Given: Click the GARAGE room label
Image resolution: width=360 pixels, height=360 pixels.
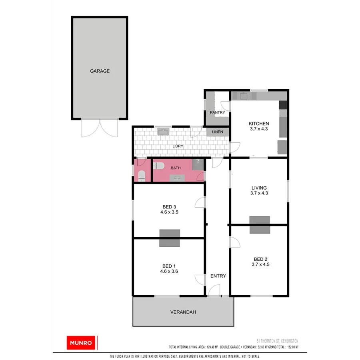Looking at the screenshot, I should (100, 71).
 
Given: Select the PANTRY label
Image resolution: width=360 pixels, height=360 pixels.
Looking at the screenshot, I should (218, 113).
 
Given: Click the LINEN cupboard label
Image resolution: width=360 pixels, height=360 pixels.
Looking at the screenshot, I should (218, 132).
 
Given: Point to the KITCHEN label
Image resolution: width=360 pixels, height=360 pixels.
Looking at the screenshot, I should (259, 124).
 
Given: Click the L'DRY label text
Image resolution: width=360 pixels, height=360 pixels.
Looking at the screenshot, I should (178, 146).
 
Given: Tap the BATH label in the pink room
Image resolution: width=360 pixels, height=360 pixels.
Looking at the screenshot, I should (176, 168).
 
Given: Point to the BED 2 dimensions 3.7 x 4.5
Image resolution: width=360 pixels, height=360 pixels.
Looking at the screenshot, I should (259, 264).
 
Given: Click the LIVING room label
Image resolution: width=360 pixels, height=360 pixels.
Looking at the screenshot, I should (259, 188).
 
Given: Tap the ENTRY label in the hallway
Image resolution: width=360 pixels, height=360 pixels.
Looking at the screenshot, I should (218, 276).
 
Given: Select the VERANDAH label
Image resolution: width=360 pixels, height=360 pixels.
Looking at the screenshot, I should (183, 312).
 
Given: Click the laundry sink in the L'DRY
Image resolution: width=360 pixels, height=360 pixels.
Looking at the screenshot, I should (164, 131).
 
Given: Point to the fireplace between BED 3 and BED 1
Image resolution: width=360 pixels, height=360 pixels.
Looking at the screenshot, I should (170, 238).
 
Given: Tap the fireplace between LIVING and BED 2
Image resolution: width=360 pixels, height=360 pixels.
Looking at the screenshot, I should (260, 224).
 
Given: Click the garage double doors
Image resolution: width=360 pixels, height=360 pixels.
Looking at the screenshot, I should (100, 128).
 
